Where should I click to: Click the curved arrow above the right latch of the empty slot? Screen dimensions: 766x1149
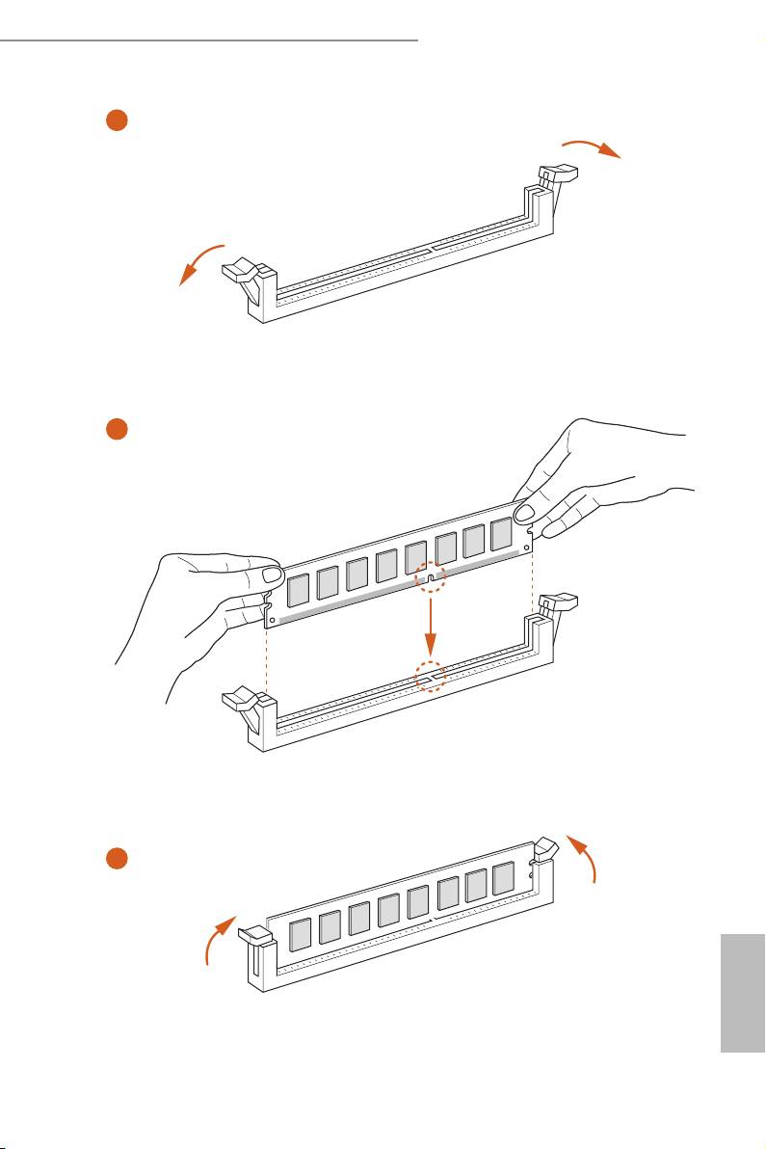(592, 146)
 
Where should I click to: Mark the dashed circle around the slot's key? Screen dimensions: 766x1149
(430, 677)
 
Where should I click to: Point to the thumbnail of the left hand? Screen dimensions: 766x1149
(271, 576)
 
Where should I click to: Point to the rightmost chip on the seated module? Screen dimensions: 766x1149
(502, 878)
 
